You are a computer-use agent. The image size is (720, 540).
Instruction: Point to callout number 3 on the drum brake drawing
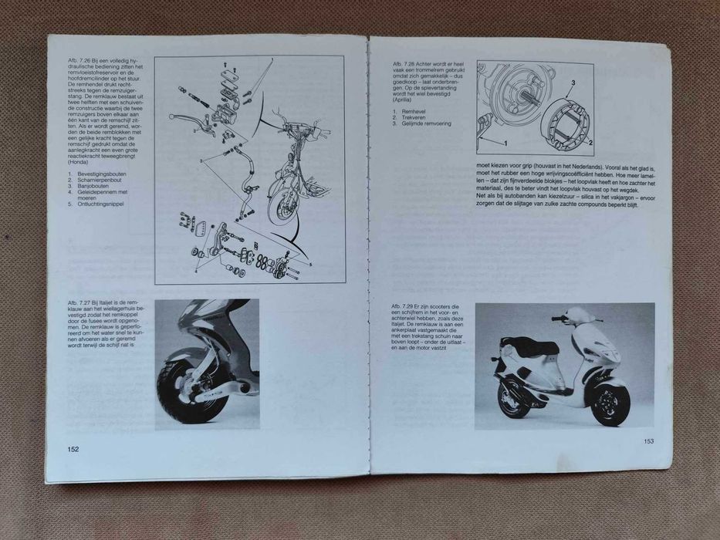[x=573, y=82]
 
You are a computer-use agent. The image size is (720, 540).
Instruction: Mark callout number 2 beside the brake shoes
[x=590, y=143]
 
